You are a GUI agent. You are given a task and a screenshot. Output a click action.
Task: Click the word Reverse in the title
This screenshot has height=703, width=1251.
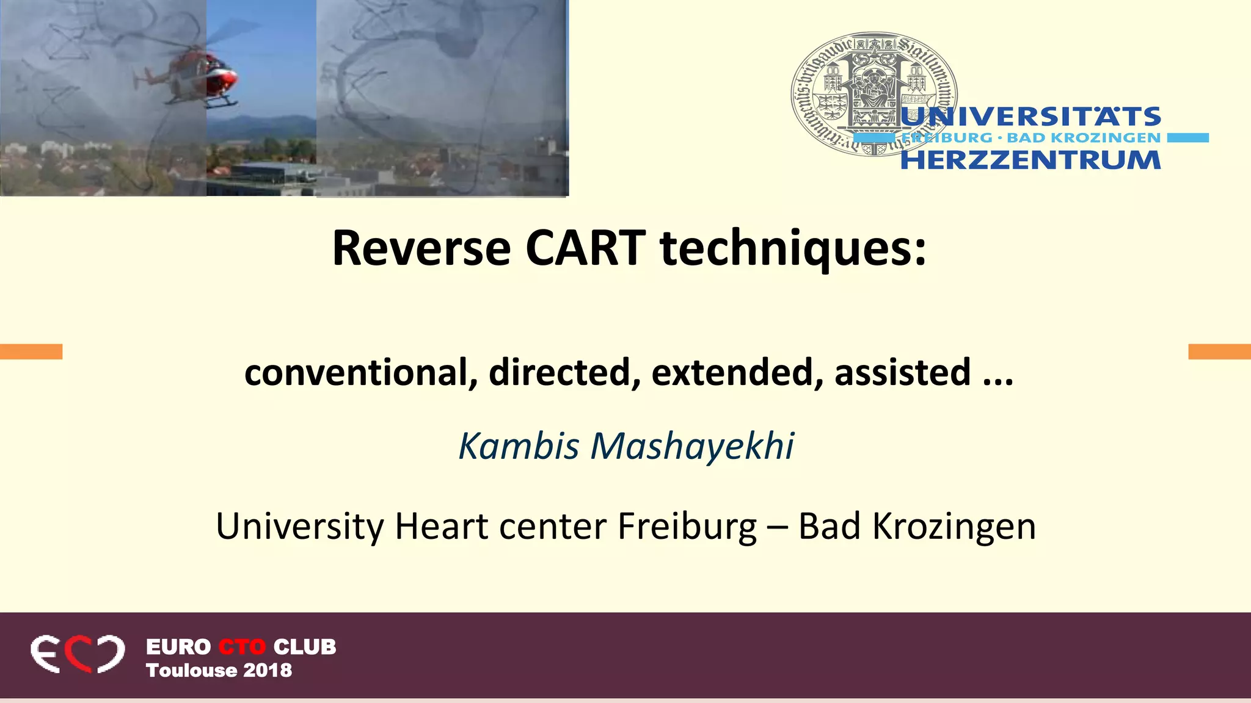pos(421,249)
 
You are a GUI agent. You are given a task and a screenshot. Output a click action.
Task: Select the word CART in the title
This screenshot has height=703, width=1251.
pos(585,249)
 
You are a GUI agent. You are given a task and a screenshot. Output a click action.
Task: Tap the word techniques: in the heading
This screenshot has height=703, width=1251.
pos(793,249)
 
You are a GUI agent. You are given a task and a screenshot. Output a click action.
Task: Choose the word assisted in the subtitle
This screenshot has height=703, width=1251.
pos(902,372)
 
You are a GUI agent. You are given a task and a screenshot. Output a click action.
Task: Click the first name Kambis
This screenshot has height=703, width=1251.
pos(519,445)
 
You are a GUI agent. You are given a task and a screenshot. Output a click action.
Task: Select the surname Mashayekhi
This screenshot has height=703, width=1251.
pos(692,445)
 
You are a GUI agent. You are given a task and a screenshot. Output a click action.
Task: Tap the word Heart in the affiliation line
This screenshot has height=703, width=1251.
pos(441,526)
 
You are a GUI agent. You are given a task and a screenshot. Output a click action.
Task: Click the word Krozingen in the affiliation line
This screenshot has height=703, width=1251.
pos(954,526)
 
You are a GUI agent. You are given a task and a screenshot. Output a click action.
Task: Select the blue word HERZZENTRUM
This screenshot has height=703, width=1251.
pos(1030,160)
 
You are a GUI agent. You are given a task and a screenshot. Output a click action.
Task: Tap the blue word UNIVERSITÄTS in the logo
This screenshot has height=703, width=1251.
pos(1030,117)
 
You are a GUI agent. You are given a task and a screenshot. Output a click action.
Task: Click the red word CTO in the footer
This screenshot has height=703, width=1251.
pos(242,647)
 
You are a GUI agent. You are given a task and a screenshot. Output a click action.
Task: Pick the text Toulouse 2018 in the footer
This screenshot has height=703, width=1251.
pos(219,670)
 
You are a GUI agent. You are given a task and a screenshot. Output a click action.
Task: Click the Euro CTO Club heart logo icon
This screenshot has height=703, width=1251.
pos(78,654)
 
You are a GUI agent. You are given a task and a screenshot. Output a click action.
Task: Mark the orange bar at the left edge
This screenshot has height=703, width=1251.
pos(31,351)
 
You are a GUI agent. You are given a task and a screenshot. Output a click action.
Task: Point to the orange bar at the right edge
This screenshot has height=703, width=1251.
pos(1219,351)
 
